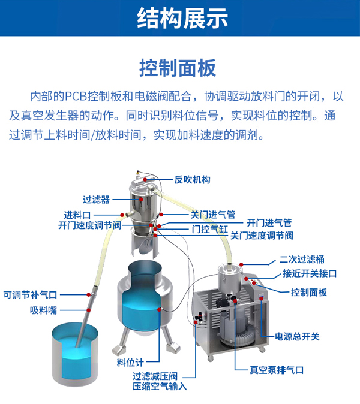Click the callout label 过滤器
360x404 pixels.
tap(96, 200)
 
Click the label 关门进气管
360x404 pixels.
tap(212, 213)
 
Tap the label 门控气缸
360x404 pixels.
tap(210, 228)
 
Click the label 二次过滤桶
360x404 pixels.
tap(302, 260)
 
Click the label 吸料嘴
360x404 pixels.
tap(43, 310)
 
